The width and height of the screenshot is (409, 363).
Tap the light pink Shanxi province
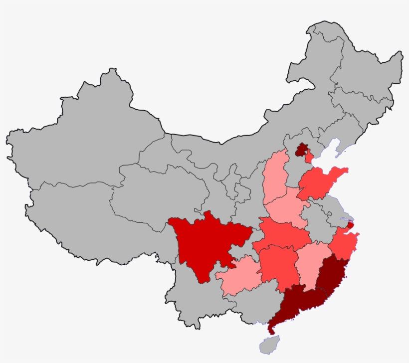[x=276, y=177]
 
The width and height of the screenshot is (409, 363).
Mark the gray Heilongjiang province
[x=359, y=65]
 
